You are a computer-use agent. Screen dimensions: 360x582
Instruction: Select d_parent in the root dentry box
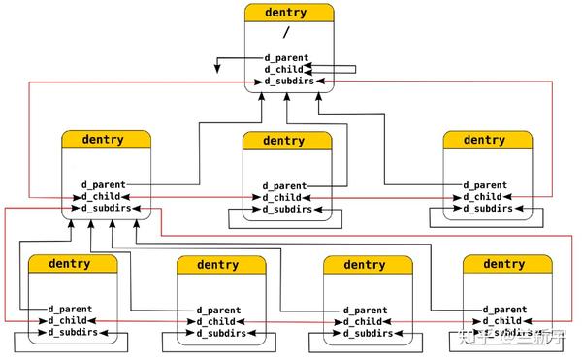pos(287,57)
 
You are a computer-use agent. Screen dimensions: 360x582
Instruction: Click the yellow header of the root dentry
pos(287,14)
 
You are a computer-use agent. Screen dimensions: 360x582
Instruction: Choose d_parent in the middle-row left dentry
pos(102,184)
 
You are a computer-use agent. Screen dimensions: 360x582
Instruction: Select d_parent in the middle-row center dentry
pos(286,185)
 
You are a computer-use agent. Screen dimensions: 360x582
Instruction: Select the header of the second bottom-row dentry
pos(218,264)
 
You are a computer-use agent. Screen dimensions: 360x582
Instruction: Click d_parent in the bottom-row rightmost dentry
pos(503,310)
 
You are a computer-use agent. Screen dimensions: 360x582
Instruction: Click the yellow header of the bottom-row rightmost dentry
pos(503,264)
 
